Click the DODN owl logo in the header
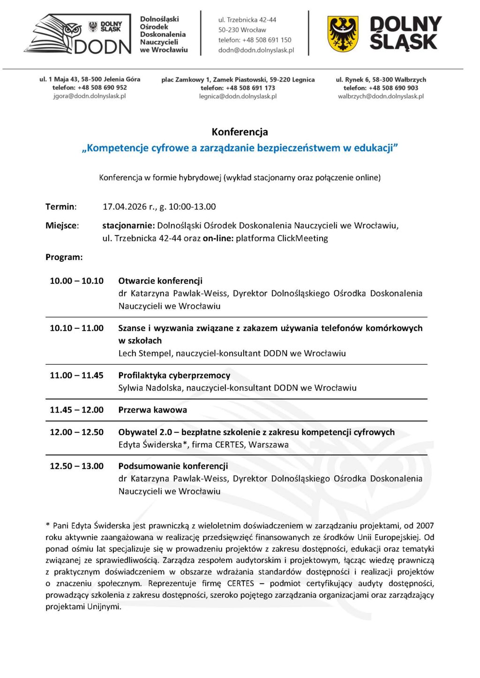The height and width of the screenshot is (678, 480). [x=77, y=34]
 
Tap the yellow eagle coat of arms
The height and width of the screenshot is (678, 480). [x=343, y=34]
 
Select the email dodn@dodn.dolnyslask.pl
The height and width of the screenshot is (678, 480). [x=256, y=50]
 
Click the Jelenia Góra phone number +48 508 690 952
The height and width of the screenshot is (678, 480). [x=102, y=88]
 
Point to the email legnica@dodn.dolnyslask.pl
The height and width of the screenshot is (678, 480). [x=238, y=96]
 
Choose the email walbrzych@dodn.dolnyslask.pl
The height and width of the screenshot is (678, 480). [x=381, y=96]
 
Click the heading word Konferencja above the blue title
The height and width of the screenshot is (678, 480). [x=240, y=132]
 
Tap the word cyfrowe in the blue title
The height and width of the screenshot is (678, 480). [x=174, y=148]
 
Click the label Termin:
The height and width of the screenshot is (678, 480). [x=61, y=206]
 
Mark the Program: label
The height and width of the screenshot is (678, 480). [x=64, y=257]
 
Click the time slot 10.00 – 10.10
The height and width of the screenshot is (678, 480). [x=76, y=281]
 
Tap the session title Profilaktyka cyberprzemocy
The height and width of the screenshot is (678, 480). [x=174, y=376]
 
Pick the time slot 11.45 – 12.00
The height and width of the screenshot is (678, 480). [x=76, y=410]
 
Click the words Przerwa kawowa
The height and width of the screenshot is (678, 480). [x=152, y=410]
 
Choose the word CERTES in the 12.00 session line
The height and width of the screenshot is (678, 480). [x=229, y=445]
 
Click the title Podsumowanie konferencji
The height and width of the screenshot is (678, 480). [x=173, y=466]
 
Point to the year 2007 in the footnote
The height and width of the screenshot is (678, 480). [x=425, y=526]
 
